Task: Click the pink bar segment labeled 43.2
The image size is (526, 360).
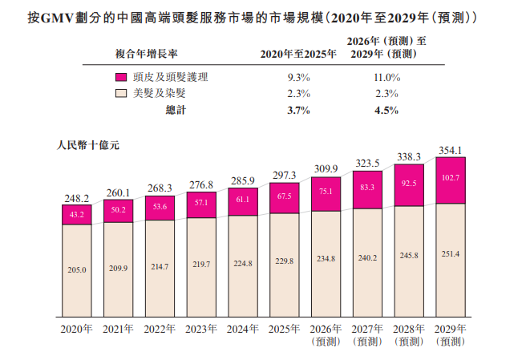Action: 77,215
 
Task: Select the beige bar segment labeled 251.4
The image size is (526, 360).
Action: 451,260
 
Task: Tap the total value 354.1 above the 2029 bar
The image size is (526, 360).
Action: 451,150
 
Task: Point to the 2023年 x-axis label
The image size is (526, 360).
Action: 201,330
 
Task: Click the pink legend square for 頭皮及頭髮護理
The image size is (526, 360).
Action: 121,77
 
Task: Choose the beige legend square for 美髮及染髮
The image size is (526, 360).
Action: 121,93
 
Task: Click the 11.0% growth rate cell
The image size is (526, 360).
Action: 386,78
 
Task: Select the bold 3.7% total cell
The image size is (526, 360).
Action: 298,111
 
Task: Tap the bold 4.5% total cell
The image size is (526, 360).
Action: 386,111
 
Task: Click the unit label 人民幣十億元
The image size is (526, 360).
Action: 88,145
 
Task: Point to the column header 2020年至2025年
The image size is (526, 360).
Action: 298,54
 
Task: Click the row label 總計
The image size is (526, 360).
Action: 176,110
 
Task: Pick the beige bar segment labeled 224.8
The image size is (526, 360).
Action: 243,266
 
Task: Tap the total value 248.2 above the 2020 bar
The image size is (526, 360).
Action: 77,199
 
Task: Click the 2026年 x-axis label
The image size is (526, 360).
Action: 326,330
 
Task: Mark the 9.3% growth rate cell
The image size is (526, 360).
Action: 298,78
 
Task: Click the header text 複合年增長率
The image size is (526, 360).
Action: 146,54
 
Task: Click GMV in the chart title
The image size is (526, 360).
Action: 57,18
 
